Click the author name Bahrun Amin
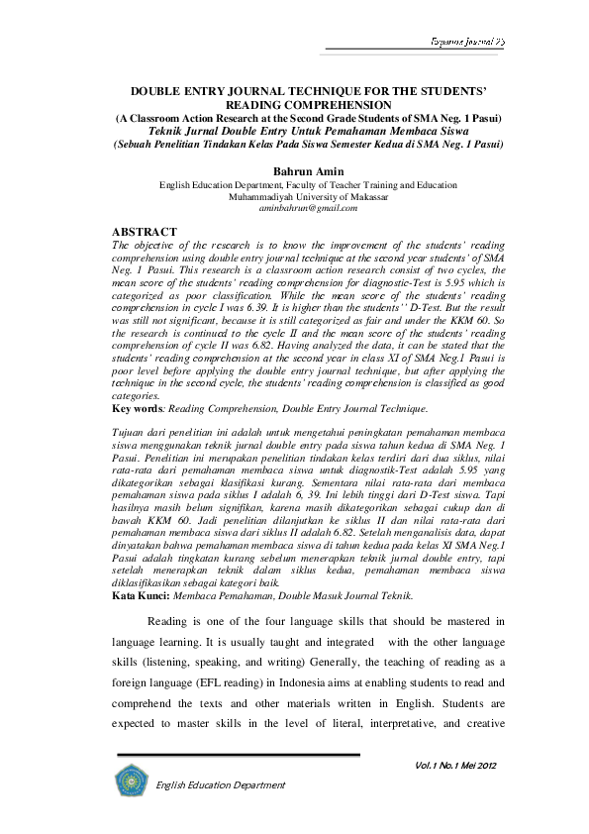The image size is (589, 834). (307, 171)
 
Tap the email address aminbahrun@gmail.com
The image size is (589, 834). (307, 208)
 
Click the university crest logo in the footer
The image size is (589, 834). (131, 781)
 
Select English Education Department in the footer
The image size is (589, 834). (219, 784)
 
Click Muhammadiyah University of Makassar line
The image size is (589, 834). (307, 196)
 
